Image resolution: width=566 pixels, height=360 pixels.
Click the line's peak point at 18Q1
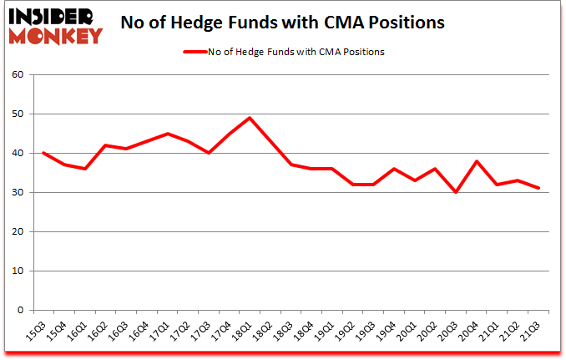pyautogui.click(x=249, y=118)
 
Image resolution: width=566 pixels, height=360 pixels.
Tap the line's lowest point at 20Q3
pyautogui.click(x=456, y=192)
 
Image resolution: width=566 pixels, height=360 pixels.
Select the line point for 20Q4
pyautogui.click(x=476, y=161)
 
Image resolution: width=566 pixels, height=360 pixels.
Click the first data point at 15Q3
pyautogui.click(x=43, y=153)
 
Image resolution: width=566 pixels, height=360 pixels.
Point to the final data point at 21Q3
pyautogui.click(x=538, y=188)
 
